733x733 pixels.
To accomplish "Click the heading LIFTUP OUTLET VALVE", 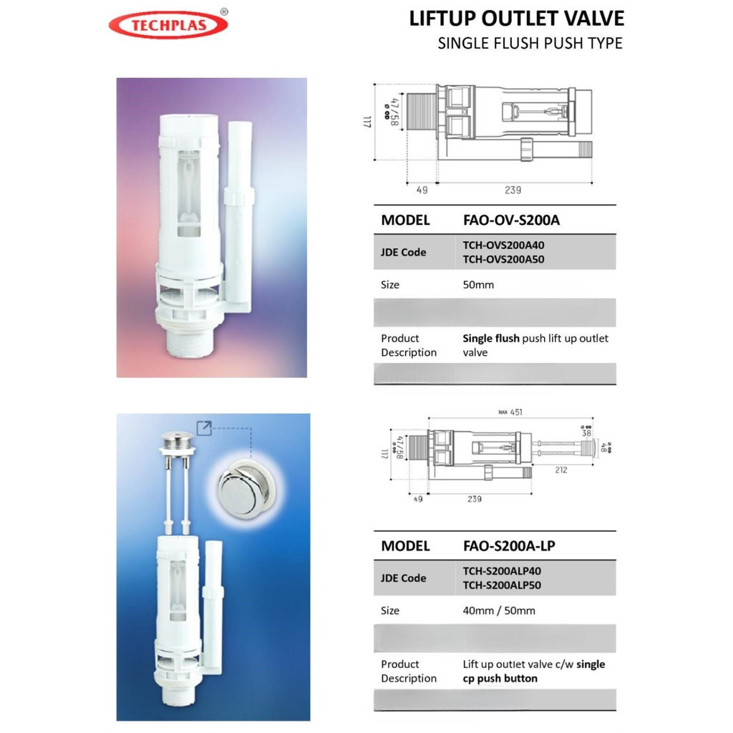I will point(516,18).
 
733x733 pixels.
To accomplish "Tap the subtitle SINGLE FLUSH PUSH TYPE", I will point(530,43).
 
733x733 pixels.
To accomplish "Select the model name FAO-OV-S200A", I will point(512,220).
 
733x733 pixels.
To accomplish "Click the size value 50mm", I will point(478,285).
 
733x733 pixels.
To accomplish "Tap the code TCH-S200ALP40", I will point(502,571).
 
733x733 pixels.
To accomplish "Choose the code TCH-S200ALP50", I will point(502,585).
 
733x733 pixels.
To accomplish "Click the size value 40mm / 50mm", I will point(499,611).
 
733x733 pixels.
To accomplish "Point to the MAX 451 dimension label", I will point(511,411).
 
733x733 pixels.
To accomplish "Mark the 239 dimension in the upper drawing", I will point(512,190).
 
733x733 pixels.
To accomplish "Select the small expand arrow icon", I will point(205,429).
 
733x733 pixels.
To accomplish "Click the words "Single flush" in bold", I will point(491,339).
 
